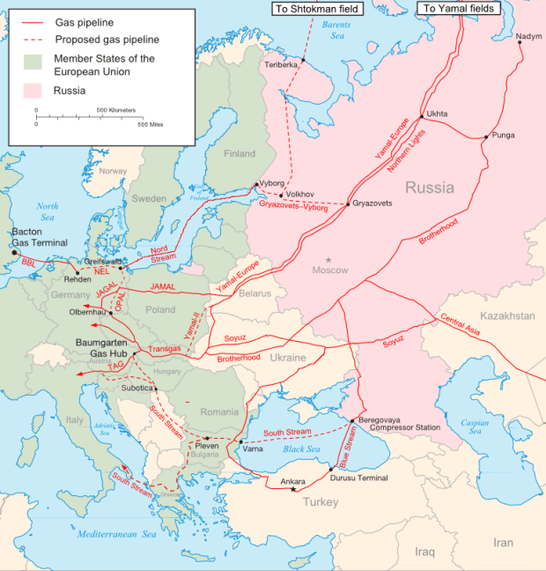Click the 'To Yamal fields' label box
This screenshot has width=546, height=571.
click(458, 8)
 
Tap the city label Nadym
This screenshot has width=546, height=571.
click(529, 36)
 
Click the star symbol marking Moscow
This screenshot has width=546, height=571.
click(328, 260)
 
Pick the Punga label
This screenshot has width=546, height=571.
click(504, 135)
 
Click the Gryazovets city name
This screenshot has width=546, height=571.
click(372, 204)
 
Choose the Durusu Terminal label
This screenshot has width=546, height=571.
click(358, 477)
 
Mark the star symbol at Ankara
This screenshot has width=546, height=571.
click(293, 489)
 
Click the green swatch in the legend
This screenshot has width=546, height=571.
click(33, 63)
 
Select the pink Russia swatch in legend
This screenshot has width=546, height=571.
click(33, 90)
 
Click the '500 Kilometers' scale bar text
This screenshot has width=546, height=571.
click(115, 109)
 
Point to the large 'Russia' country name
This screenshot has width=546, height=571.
click(430, 188)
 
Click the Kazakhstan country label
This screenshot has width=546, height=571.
click(507, 315)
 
